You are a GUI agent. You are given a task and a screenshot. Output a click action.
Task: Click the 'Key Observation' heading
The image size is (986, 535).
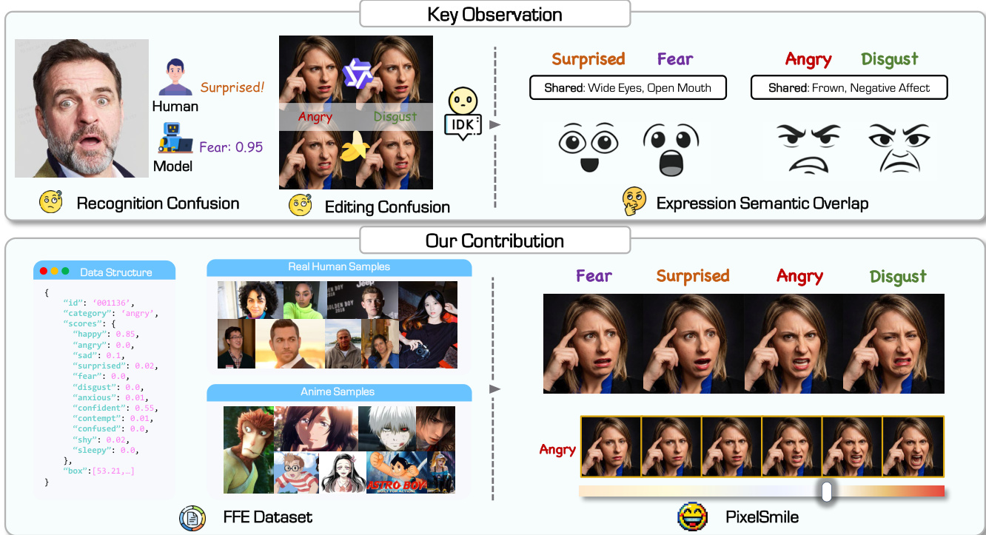[x=494, y=14]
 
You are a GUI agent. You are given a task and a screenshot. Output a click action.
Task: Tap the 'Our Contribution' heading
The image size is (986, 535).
[x=494, y=240]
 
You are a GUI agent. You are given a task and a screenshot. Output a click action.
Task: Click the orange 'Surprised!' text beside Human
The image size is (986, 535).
[x=232, y=87]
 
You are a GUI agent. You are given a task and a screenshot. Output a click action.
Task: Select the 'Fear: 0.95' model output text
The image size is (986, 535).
[x=231, y=147]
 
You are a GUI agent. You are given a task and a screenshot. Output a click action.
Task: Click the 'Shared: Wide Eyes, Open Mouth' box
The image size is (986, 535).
[x=628, y=87]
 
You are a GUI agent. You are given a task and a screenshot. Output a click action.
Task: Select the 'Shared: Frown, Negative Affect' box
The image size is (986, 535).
[x=849, y=87]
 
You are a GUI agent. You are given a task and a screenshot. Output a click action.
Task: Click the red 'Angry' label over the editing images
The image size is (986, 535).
[x=315, y=117]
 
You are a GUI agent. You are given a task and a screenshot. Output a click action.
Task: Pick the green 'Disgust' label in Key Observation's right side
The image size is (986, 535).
[x=889, y=59]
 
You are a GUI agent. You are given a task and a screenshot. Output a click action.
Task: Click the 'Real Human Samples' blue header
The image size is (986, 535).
[x=339, y=267]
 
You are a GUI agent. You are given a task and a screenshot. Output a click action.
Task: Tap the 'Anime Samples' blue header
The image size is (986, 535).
[x=339, y=391]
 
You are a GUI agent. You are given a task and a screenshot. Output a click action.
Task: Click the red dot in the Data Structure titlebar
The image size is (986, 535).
[x=43, y=272]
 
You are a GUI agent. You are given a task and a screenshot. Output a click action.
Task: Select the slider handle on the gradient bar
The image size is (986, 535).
[x=827, y=491]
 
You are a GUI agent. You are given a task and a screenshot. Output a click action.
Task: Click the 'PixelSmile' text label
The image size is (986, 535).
[x=762, y=517]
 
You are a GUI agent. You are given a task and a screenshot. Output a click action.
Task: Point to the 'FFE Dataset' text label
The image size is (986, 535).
[x=268, y=517]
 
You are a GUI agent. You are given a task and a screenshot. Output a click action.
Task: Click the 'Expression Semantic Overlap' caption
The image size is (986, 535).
[x=762, y=203]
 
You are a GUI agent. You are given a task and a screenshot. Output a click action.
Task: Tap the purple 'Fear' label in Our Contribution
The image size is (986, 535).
[x=594, y=277]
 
